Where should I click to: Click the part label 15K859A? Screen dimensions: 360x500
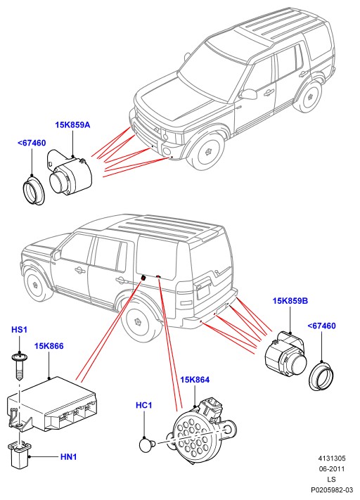72,124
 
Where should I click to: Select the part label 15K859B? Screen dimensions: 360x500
290,301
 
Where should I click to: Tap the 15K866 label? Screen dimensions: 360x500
49,346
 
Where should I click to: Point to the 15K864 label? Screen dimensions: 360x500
195,380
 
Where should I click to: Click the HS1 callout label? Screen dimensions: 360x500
20,329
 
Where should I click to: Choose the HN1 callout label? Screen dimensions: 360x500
69,457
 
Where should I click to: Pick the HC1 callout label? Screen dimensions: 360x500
144,405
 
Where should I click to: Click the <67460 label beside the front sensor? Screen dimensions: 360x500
32,143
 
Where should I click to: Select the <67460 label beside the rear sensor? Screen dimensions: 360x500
321,326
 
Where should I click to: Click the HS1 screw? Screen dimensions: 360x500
20,366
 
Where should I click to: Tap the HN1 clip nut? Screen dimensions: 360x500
20,454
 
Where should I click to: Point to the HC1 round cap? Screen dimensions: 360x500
147,444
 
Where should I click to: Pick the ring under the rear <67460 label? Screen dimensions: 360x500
322,376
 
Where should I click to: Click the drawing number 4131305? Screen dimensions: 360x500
332,459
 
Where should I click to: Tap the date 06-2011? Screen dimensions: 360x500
332,469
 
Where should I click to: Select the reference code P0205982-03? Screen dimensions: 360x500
333,489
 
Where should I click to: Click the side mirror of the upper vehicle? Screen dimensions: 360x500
248,94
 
